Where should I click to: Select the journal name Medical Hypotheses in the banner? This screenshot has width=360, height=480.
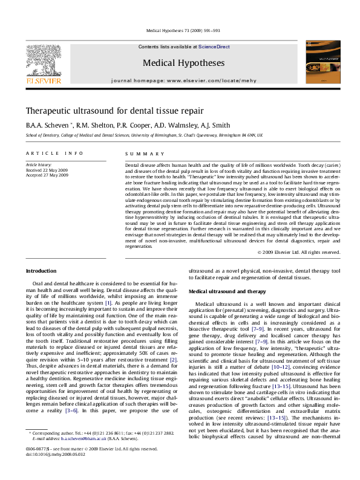pyautogui.click(x=180, y=62)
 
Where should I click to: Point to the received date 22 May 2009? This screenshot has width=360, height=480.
pyautogui.click(x=47, y=170)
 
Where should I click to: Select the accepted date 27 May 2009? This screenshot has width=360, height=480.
pyautogui.click(x=47, y=175)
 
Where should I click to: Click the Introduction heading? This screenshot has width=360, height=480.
pyautogui.click(x=42, y=270)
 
